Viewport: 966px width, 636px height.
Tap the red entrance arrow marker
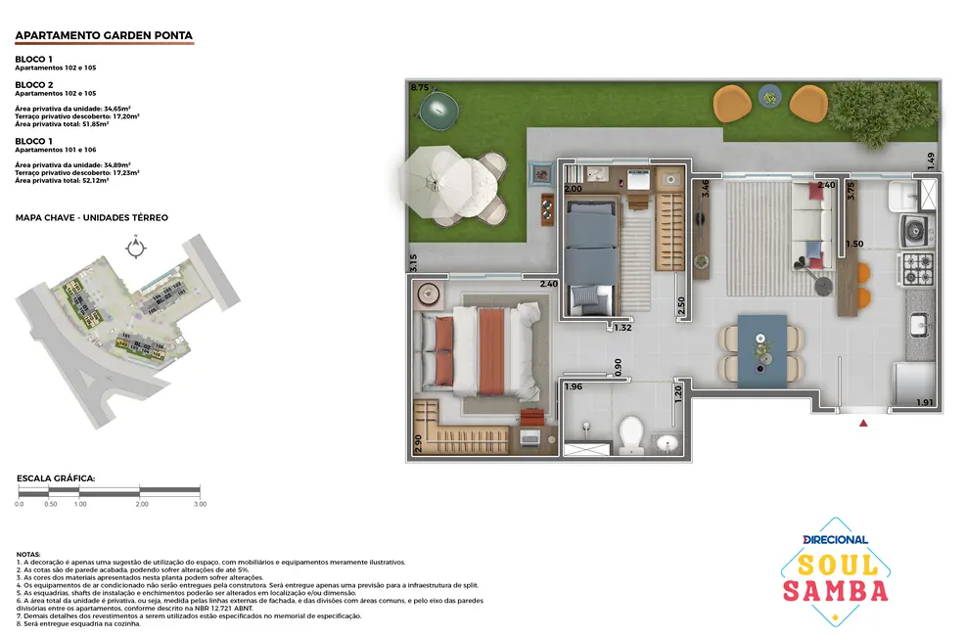click(863, 424)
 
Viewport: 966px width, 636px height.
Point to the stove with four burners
click(918, 264)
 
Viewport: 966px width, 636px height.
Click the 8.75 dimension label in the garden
click(420, 88)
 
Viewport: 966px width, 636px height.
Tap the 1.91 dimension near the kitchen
click(925, 402)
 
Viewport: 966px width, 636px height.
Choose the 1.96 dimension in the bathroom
click(574, 386)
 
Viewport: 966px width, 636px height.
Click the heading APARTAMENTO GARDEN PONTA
click(104, 36)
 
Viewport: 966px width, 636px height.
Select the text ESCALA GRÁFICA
click(56, 478)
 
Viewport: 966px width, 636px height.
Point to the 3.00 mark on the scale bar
click(199, 504)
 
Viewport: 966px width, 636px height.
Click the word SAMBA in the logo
click(835, 590)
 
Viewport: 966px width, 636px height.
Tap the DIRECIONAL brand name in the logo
click(835, 539)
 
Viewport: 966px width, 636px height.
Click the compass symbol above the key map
click(135, 248)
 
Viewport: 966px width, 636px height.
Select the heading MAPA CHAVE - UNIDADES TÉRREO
click(92, 216)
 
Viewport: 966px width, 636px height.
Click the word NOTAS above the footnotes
click(29, 554)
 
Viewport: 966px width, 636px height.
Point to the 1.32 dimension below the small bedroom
click(622, 328)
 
